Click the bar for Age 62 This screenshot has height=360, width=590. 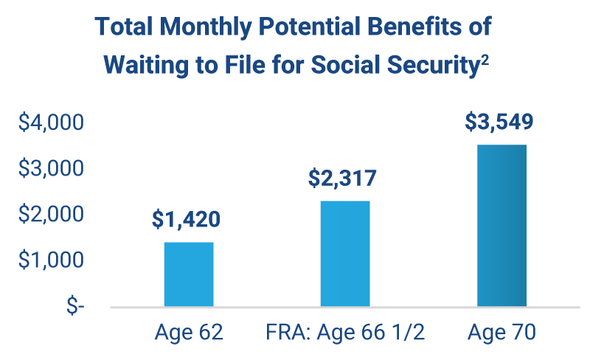click(189, 274)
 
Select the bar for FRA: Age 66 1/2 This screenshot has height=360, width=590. click(345, 253)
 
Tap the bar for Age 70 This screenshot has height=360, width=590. click(502, 225)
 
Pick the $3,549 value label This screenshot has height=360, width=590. click(499, 121)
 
